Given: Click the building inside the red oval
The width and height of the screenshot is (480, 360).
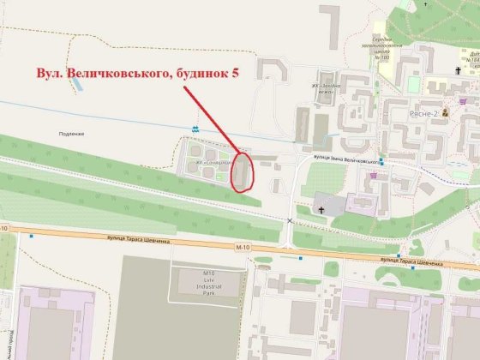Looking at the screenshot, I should tap(243, 169).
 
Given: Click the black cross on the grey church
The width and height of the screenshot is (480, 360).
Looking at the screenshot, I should tap(321, 207).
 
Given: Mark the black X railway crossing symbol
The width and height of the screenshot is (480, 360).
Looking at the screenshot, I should tap(290, 221).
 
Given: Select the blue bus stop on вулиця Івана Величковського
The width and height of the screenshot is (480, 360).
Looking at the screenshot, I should tap(382, 163).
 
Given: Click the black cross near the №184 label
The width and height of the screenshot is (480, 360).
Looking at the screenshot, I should tap(471, 73).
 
